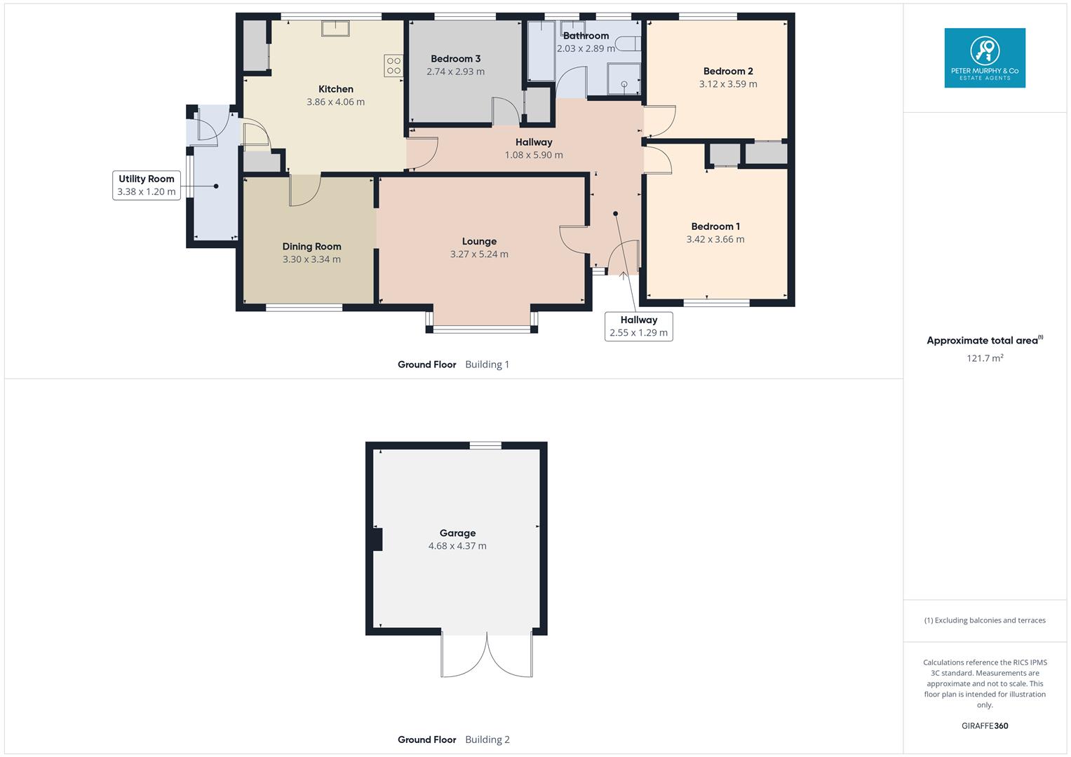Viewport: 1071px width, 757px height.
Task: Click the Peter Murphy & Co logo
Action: click(984, 57)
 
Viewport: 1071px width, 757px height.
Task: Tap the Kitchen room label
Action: click(335, 89)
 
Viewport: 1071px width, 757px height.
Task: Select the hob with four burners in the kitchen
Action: click(393, 66)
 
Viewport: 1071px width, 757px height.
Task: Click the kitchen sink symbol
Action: click(336, 28)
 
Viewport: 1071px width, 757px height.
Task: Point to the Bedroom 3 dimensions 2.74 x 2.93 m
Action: click(455, 71)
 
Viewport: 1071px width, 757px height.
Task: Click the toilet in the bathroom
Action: click(627, 43)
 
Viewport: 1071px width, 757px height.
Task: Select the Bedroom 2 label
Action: click(728, 71)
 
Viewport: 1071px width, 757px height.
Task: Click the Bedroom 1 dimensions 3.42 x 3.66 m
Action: click(715, 239)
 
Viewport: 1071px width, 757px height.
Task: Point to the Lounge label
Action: click(479, 241)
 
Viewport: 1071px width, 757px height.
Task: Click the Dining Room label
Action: click(311, 246)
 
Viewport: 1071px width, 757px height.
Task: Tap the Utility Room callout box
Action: click(147, 185)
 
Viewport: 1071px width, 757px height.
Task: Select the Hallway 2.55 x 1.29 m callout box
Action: click(638, 327)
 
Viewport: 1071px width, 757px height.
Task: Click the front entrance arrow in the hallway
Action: click(623, 275)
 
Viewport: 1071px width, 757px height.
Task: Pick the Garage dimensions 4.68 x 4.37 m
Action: click(457, 546)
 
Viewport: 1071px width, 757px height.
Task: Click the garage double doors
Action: click(487, 655)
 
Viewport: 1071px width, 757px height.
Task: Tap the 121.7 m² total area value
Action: click(985, 358)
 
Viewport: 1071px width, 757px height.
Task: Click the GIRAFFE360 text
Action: click(984, 725)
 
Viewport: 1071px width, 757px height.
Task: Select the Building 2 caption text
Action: click(487, 739)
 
